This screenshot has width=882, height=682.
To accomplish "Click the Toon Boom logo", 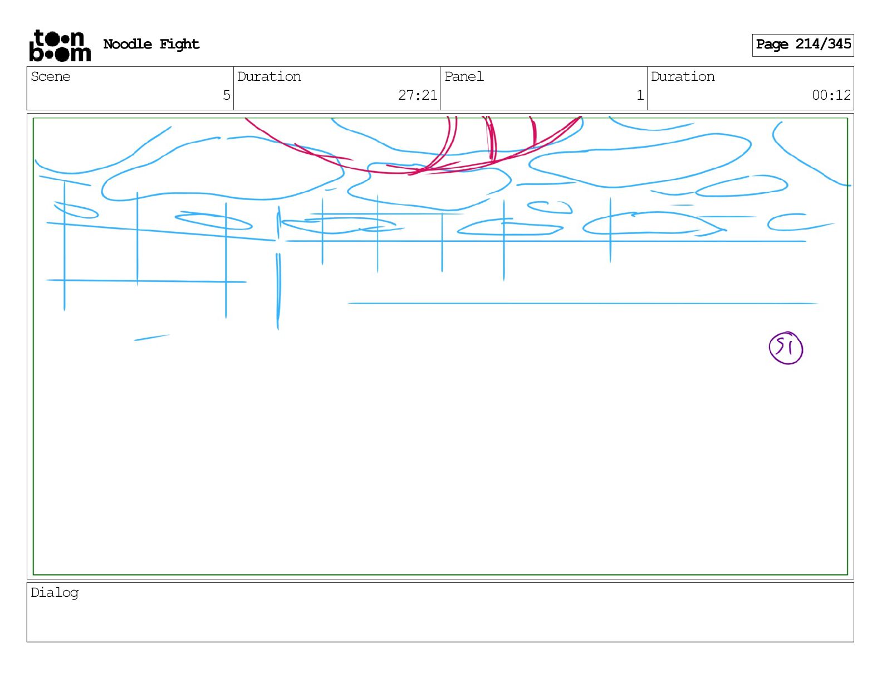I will click(x=60, y=45).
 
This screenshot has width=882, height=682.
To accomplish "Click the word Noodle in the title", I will click(x=128, y=44).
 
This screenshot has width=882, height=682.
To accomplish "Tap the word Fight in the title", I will click(x=179, y=44).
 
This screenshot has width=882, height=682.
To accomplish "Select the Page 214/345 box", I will click(x=802, y=45).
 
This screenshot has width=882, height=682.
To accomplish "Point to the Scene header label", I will click(x=51, y=77).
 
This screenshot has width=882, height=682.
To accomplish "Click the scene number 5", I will click(x=226, y=95).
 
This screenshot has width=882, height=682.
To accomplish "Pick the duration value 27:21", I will click(x=418, y=95).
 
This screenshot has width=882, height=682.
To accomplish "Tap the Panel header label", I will click(x=464, y=77).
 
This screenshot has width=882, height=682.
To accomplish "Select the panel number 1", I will click(x=640, y=95).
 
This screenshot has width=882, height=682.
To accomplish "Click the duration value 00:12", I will click(x=831, y=95).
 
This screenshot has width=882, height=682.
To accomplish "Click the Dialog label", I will click(x=55, y=593).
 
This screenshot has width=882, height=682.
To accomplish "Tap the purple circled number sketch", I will click(x=786, y=348).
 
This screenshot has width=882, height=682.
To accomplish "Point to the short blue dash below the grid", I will click(x=151, y=338).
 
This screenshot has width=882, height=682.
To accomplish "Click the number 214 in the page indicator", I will click(x=807, y=44).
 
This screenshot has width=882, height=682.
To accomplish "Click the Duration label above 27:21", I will click(x=269, y=77).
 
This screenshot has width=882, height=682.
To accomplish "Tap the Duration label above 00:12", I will click(x=683, y=77).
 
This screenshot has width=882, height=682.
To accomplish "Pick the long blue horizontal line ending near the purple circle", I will click(x=582, y=304).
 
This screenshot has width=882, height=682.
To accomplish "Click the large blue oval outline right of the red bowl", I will click(x=640, y=166).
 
